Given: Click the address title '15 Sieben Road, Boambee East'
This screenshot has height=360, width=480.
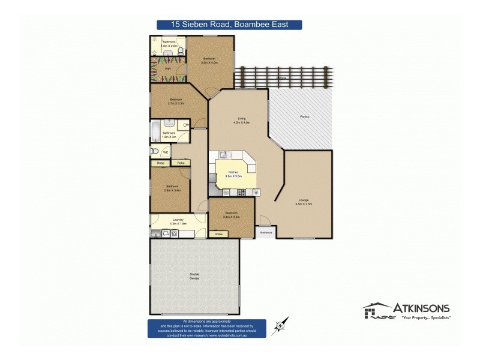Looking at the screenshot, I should (x=229, y=25).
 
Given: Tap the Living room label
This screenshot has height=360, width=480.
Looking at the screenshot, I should (x=242, y=118).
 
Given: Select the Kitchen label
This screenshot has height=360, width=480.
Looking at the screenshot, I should (x=233, y=172).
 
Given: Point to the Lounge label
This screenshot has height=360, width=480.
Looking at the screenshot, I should (x=304, y=200).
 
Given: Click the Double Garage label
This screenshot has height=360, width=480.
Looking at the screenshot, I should (x=194, y=274).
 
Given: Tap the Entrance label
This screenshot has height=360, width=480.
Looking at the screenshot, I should (x=266, y=232).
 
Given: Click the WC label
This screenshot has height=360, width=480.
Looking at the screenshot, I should (x=165, y=152).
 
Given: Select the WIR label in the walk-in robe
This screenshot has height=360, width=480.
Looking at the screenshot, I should (x=160, y=68).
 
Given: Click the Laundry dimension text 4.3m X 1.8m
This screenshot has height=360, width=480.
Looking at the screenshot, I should (x=178, y=223).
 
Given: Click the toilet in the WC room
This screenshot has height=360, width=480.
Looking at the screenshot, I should (x=154, y=152).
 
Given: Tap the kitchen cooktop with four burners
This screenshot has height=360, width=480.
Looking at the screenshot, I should (x=242, y=192).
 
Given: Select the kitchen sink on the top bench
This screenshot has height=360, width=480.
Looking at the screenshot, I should (x=222, y=155).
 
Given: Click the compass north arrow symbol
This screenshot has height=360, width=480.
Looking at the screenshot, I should (x=280, y=325).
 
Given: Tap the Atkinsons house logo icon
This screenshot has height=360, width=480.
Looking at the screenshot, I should (x=376, y=311).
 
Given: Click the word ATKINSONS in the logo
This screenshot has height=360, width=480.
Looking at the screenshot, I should (x=421, y=308).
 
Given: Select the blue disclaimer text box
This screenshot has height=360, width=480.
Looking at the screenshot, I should (x=207, y=328).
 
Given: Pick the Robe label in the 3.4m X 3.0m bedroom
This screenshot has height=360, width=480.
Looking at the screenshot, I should (x=219, y=233).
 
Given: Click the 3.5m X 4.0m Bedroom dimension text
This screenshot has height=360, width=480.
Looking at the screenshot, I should (x=209, y=62).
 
